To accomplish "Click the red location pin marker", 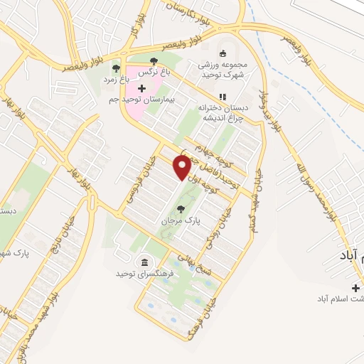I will click(182, 168).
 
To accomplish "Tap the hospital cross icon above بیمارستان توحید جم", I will click(141, 88).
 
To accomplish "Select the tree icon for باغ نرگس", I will click(156, 60).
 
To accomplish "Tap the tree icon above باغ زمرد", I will click(115, 68).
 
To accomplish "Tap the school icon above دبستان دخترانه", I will click(222, 97).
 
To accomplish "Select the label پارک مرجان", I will click(182, 221).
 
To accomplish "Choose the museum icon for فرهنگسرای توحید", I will click(144, 261).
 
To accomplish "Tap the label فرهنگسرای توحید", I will click(144, 273).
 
